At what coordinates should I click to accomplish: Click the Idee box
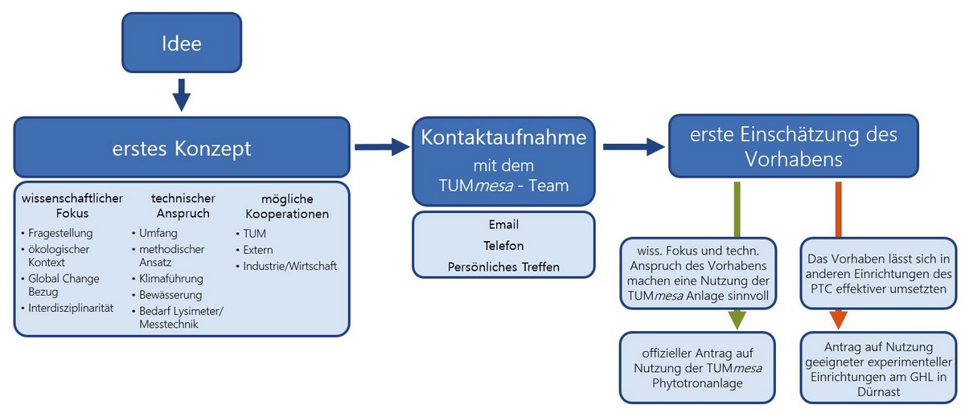(182, 43)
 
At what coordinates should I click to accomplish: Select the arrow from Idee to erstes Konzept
(182, 95)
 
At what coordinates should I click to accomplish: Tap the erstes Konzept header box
(182, 147)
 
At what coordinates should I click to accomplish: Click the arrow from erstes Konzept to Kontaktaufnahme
(382, 147)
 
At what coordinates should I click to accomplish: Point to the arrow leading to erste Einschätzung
(634, 147)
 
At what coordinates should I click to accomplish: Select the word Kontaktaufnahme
(503, 137)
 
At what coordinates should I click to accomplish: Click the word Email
(503, 224)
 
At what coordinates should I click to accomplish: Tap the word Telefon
(503, 246)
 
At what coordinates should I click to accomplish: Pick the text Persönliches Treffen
(503, 267)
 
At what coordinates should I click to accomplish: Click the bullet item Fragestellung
(60, 233)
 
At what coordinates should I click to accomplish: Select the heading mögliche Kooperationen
(287, 206)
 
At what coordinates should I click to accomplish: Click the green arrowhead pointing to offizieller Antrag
(737, 320)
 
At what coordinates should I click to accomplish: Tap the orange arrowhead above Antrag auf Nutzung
(838, 320)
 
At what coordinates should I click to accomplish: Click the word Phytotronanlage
(697, 382)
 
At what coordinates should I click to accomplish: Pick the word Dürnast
(878, 392)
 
